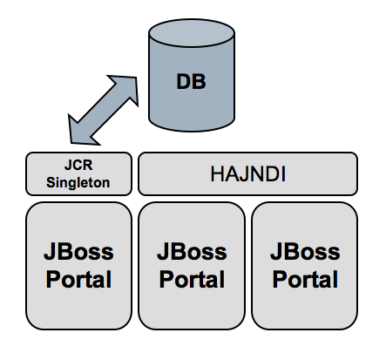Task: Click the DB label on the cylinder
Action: click(191, 82)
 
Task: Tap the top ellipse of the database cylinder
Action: click(192, 33)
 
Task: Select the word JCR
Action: click(78, 166)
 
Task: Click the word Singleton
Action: click(78, 183)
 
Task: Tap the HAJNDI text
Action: click(248, 174)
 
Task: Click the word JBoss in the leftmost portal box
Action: click(78, 252)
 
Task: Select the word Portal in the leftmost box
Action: click(78, 279)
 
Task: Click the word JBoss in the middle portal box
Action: click(192, 252)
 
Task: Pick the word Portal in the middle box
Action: click(192, 279)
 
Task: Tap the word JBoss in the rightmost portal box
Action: click(305, 252)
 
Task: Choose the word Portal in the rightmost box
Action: click(305, 279)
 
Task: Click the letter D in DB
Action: click(184, 82)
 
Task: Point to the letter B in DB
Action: click(200, 82)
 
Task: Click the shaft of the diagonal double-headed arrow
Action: click(104, 110)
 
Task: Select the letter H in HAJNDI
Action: click(217, 174)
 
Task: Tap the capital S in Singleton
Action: click(51, 182)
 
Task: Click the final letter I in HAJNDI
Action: click(284, 174)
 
